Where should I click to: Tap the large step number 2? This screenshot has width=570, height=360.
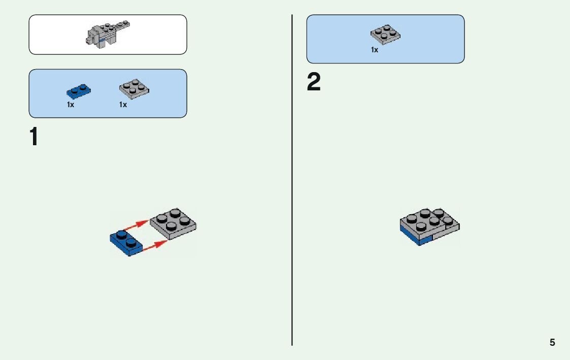[314, 83]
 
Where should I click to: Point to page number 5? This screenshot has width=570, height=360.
[552, 342]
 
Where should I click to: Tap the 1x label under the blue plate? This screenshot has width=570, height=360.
[71, 105]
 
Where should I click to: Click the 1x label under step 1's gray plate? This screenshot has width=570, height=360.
[123, 105]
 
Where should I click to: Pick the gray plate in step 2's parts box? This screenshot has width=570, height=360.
[385, 34]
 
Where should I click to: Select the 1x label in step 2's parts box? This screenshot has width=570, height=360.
[375, 50]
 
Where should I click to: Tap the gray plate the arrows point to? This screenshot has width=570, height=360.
[174, 223]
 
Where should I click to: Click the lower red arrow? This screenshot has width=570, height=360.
[155, 246]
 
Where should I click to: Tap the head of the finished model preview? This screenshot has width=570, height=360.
[93, 37]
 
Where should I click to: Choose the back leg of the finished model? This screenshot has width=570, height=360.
[104, 45]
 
